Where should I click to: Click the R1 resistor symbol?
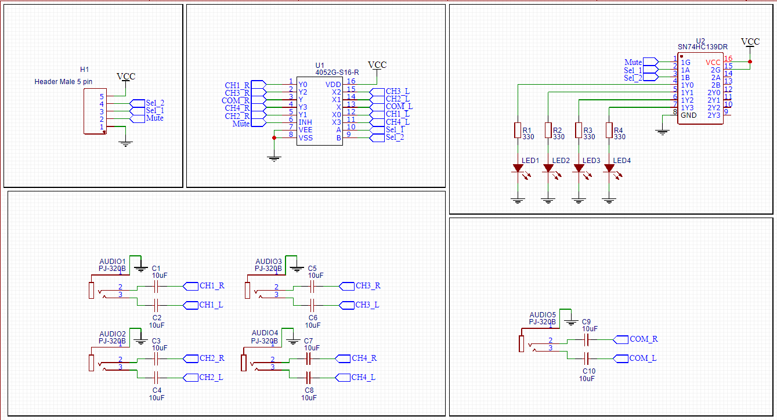coord(518,131)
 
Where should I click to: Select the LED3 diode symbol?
coord(579,168)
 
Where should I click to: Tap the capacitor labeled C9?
coord(586,339)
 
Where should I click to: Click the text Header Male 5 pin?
coord(63,82)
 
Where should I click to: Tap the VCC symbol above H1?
coord(126,77)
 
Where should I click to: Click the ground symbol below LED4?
coord(609,201)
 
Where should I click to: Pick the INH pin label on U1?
coord(305,122)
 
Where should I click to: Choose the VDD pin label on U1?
coord(334,85)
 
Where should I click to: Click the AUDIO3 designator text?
coord(269,262)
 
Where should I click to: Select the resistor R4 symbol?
coord(609,131)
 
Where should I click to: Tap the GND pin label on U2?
coord(689,115)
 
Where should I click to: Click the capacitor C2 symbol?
coord(156,305)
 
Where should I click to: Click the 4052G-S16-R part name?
coord(337,73)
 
